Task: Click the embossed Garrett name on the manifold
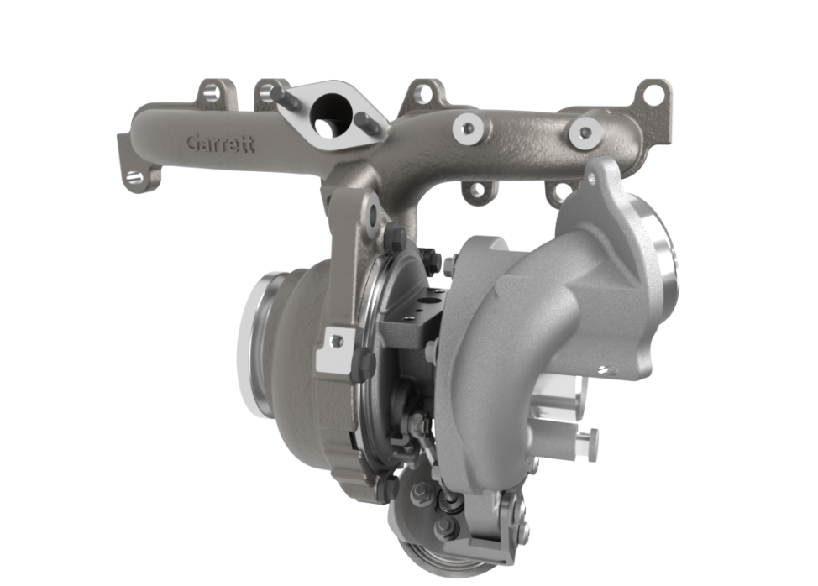(x=220, y=144)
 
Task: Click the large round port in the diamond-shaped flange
(x=331, y=116)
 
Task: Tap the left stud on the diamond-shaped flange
(x=285, y=97)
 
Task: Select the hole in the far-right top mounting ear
(x=652, y=94)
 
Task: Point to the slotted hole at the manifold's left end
(x=134, y=177)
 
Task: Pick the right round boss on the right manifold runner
(x=586, y=133)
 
